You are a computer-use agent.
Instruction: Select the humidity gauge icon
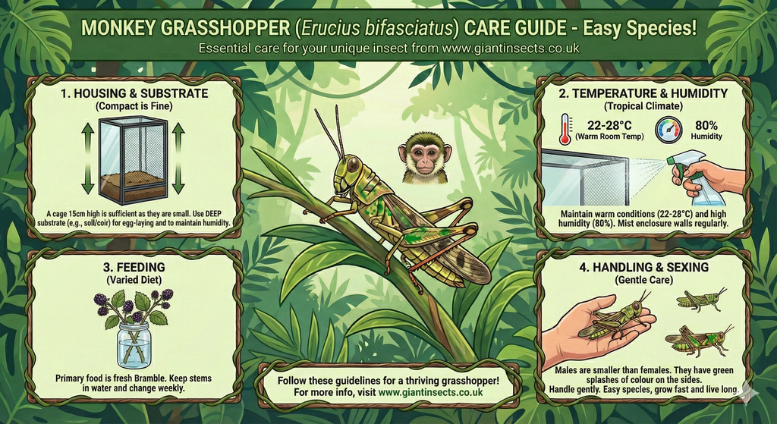click(668, 130)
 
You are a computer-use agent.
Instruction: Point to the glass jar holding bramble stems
click(134, 344)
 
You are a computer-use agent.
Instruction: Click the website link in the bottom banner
click(430, 392)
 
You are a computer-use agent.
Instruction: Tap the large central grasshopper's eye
click(352, 163)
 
